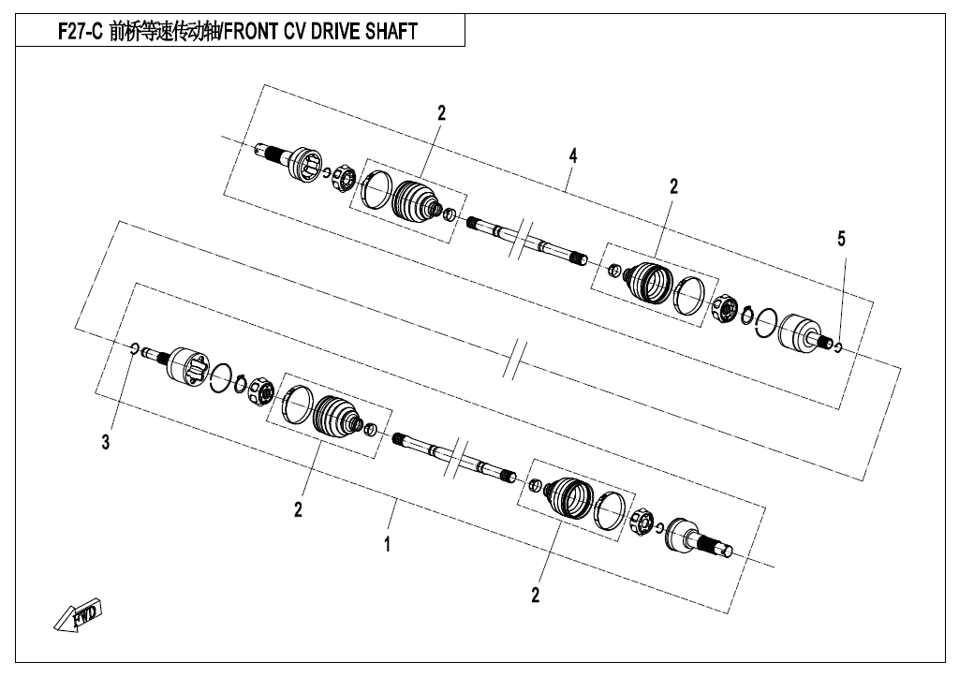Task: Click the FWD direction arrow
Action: pos(78,613)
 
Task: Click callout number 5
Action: pos(841,239)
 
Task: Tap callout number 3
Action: pos(106,442)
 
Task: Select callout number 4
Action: pos(572,156)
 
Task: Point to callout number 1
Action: pos(387,544)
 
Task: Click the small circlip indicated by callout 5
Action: pos(838,348)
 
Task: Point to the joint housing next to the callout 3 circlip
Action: pos(186,367)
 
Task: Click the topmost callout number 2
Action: pos(442,113)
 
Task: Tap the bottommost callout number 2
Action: pos(536,595)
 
